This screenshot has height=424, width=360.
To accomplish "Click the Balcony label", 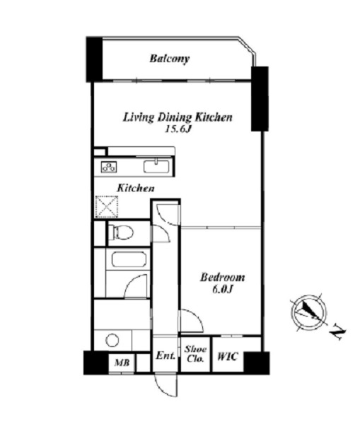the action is point(170,59).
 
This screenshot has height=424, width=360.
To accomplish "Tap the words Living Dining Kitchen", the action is point(178,118).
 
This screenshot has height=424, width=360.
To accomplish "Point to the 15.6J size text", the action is point(178,129).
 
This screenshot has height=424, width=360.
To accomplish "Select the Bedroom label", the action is point(222,278).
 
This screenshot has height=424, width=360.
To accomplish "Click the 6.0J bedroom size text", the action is point(223,290).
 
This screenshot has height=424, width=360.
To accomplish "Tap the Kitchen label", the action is point(136,188).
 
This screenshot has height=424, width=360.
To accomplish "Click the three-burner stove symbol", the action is point(109,167).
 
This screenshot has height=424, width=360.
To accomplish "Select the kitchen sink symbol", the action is point(156,166).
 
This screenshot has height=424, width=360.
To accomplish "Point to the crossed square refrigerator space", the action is point(107,207).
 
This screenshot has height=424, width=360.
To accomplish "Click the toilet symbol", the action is point(122,232).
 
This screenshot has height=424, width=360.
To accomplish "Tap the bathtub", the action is point(129,259).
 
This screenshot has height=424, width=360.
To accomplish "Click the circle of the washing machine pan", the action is point(112,341).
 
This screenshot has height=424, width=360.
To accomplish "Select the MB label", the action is point(122,363).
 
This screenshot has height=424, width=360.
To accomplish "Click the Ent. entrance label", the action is point(166,355).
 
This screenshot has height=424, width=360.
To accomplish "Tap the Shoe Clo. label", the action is point(195,354).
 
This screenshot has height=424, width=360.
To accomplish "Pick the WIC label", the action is point(228,356).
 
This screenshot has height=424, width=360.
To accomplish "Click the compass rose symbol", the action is point(308,312).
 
